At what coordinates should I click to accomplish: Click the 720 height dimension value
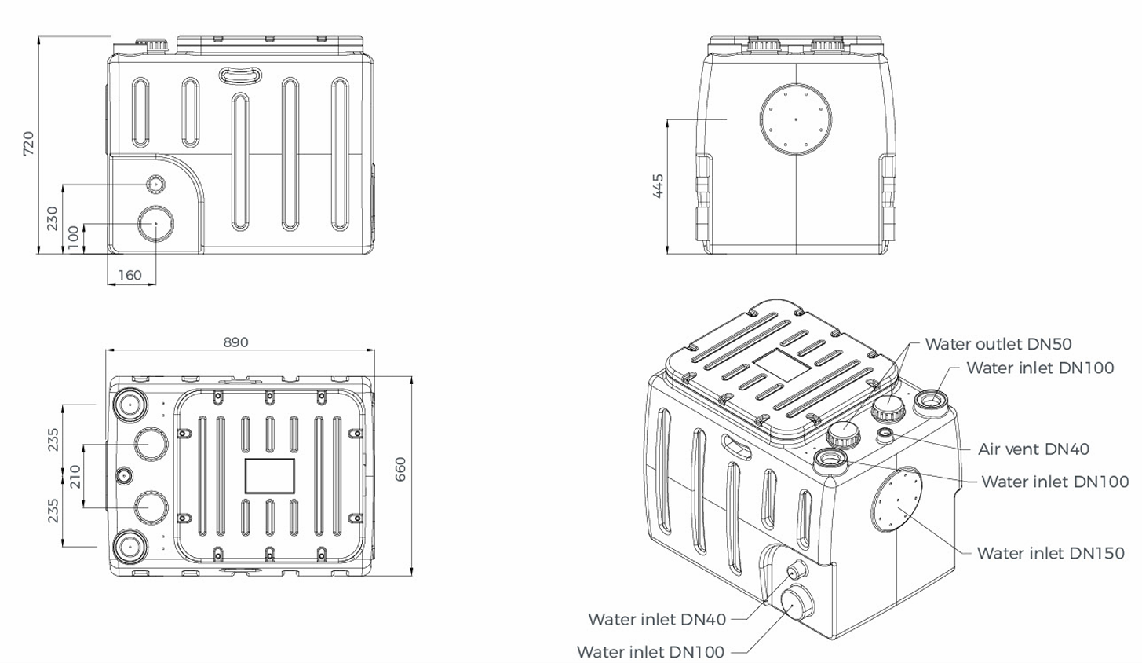(28, 143)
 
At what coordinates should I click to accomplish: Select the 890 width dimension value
(235, 342)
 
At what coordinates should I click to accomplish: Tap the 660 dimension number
(401, 469)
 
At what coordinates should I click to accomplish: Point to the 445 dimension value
(658, 185)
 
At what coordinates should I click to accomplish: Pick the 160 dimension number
(130, 275)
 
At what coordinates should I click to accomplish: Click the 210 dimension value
(75, 476)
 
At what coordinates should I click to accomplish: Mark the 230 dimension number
(52, 218)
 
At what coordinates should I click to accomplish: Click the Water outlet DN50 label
(998, 343)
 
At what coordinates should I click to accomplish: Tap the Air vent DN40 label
(1033, 449)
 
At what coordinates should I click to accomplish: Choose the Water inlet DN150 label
(1050, 553)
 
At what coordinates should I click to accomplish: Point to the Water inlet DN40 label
(657, 619)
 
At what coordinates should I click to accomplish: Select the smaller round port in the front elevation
(155, 184)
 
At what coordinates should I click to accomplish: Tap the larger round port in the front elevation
(155, 224)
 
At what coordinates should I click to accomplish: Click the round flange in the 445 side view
(796, 119)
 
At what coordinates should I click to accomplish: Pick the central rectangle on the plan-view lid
(269, 476)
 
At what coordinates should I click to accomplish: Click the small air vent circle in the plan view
(124, 475)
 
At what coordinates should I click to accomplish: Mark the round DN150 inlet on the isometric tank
(896, 500)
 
